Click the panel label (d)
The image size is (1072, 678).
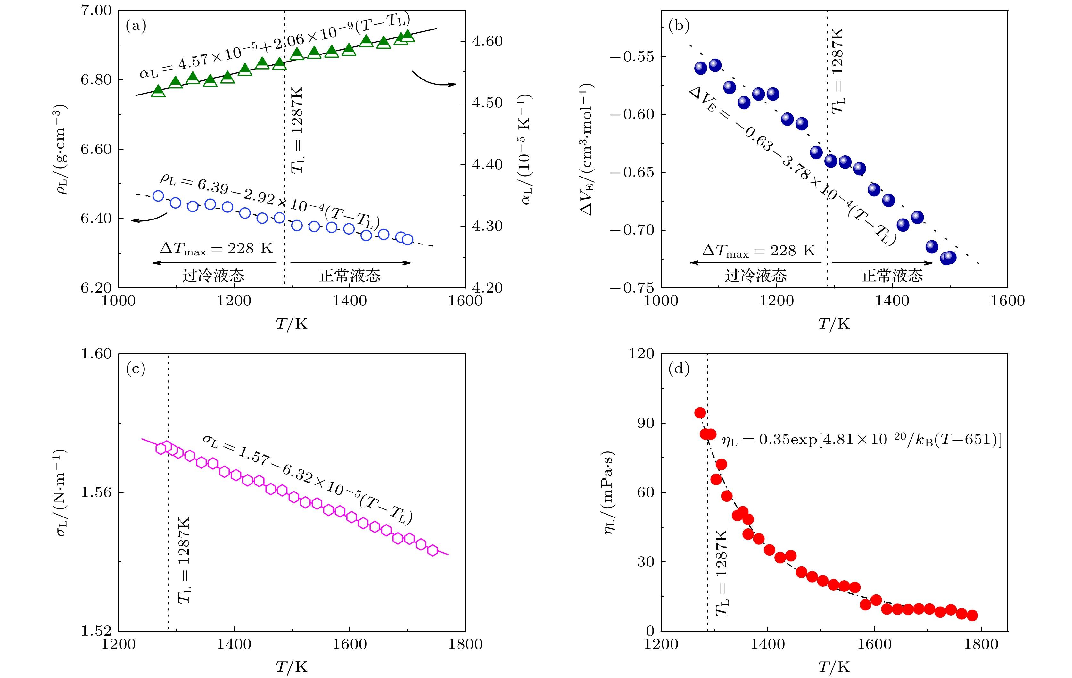coord(679,368)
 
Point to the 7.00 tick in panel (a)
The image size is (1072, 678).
coord(96,11)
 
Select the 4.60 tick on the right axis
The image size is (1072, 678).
coord(487,41)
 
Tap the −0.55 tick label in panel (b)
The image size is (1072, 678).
coord(632,56)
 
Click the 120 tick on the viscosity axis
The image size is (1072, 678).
coord(641,354)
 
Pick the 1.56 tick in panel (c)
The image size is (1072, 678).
coord(96,492)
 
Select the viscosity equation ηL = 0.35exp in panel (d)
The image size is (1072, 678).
coord(862,440)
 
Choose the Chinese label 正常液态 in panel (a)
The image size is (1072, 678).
coord(350,276)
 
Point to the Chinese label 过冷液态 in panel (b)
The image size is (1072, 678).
coord(755,276)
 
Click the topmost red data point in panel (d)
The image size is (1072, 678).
coord(700,413)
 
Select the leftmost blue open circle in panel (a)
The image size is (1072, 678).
coord(158,196)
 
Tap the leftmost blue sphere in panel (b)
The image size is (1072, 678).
coord(700,68)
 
